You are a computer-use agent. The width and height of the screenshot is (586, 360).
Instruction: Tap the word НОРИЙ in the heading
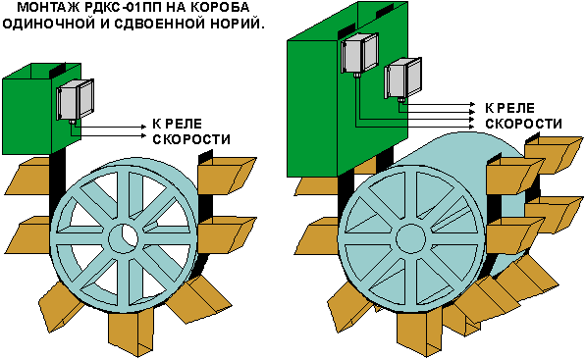point(237,24)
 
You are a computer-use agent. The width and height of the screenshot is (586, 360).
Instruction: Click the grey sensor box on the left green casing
point(76,99)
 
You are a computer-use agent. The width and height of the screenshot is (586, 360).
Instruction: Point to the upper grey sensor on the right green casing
point(359,52)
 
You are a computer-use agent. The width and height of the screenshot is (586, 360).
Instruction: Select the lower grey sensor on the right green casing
point(402,77)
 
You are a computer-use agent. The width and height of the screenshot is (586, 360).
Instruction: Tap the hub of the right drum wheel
point(410,238)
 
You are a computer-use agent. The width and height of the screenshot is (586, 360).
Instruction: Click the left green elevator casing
point(41,108)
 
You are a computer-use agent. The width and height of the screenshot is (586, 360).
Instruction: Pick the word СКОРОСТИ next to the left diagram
point(191,139)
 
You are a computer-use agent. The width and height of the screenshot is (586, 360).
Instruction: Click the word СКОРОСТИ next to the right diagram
point(523,124)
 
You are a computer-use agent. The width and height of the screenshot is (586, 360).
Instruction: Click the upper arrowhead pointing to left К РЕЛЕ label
point(144,127)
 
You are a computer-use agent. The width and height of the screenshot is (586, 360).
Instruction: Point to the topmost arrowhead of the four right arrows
point(472,103)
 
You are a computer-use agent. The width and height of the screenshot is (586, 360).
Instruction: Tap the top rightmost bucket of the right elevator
point(554,155)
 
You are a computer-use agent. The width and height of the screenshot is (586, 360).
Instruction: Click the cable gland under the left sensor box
point(72,122)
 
